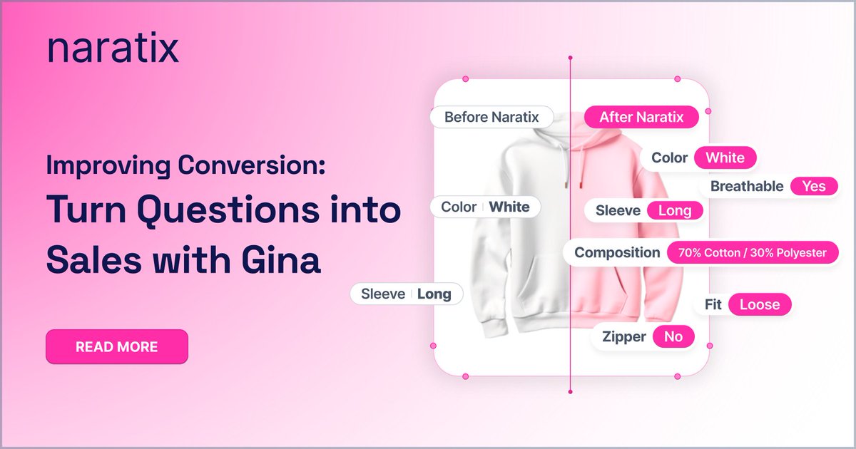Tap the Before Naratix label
pos(491,117)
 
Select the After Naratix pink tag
pos(641,117)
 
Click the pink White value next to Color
pos(725,158)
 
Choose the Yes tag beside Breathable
pos(814,186)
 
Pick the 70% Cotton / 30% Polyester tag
pos(752,252)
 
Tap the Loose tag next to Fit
pos(760,304)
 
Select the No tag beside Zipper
pos(673,337)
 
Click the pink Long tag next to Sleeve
pos(674,210)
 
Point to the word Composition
pos(617,252)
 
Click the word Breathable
pos(747,186)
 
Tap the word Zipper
pos(624,337)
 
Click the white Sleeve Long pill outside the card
pos(406,294)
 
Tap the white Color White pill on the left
pos(485,207)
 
